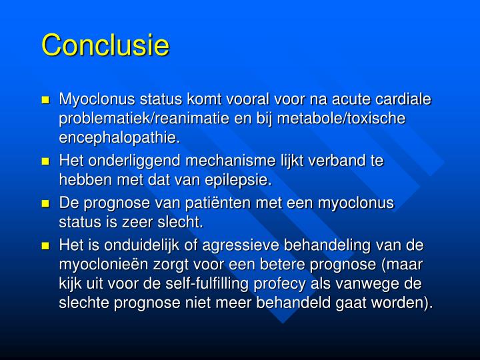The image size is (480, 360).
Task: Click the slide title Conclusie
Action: pyautogui.click(x=105, y=45)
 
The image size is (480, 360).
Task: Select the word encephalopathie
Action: pyautogui.click(x=119, y=138)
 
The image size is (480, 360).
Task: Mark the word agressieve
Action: pyautogui.click(x=266, y=245)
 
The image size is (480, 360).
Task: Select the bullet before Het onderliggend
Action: pyautogui.click(x=46, y=162)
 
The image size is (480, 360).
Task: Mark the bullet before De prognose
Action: pyautogui.click(x=46, y=203)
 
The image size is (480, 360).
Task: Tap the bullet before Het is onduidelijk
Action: pyautogui.click(x=46, y=245)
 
